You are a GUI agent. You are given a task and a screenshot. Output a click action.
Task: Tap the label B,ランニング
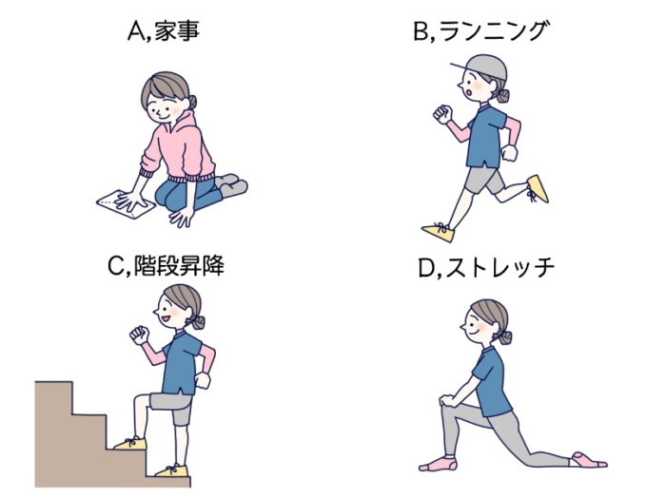tap(480, 32)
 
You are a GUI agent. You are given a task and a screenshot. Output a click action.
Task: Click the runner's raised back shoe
tap(538, 187)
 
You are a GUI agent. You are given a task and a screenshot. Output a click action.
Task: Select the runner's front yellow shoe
tap(439, 231)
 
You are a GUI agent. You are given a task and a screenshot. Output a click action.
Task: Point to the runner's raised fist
tap(441, 114)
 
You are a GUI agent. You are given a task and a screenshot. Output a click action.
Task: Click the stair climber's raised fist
tap(139, 335)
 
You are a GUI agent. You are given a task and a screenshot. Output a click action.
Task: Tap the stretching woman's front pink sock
tap(439, 463)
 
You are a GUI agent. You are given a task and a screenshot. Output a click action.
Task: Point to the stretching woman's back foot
tap(588, 460)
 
